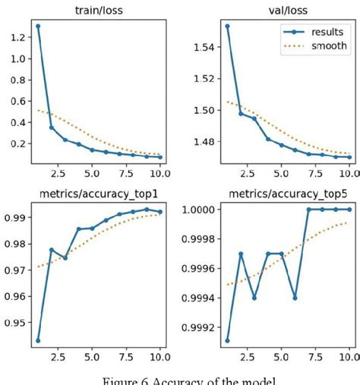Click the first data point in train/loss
tap(38, 26)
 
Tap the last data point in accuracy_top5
tap(349, 210)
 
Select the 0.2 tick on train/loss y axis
tap(18, 144)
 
